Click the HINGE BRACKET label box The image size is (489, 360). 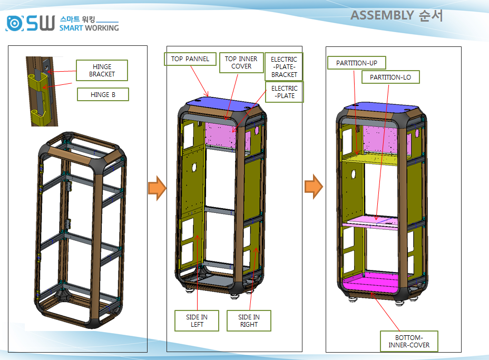(x=102, y=71)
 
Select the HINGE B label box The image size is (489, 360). (x=103, y=94)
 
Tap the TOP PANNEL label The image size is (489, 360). (x=190, y=59)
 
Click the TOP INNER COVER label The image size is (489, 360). (x=241, y=63)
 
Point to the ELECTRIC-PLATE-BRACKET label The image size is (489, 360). (x=284, y=67)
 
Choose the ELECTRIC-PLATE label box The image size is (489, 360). (x=285, y=92)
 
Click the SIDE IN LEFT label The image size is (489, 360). (x=197, y=320)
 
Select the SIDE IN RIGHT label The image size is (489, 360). (x=249, y=320)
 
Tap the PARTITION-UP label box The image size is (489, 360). (x=357, y=63)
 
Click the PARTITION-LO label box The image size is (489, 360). (x=390, y=77)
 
